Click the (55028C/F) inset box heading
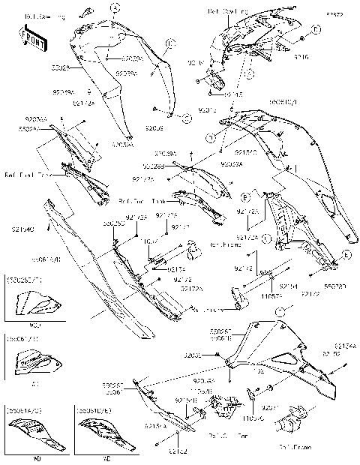coord(23,279)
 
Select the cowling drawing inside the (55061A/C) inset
coord(31,434)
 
